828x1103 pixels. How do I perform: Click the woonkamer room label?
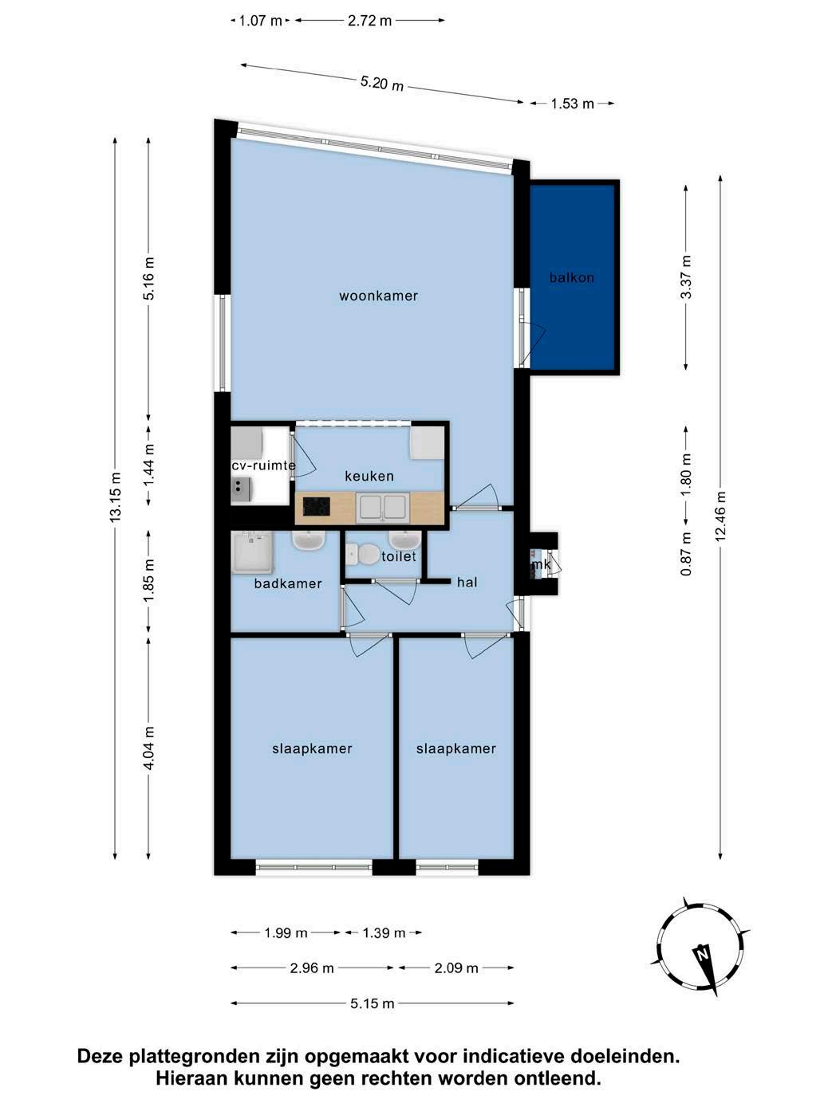tap(378, 296)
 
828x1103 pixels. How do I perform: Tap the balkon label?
tap(572, 277)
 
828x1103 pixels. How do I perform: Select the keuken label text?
tap(369, 476)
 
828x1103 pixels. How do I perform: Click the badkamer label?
tap(287, 583)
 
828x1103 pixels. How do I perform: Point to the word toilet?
tap(399, 556)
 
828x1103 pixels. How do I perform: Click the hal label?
tap(467, 583)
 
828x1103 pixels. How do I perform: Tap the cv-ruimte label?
tap(263, 465)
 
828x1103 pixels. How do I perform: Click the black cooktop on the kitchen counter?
tap(317, 506)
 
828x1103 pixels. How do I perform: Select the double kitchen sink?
tap(383, 507)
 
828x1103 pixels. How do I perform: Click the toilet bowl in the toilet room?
tap(365, 555)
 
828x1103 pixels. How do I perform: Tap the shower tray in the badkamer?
tap(253, 553)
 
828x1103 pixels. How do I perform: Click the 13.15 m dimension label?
tap(116, 497)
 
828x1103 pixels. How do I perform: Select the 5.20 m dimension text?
tap(382, 83)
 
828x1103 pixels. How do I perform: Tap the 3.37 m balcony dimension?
tap(686, 277)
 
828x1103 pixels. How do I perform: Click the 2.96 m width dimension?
tap(312, 968)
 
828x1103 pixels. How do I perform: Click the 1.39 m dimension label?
tap(384, 933)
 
